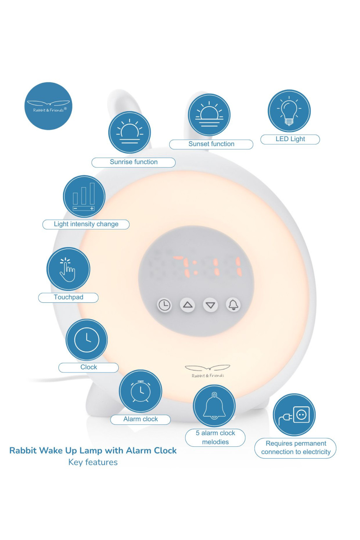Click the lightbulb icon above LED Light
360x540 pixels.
(289, 111)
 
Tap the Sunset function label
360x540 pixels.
(211, 144)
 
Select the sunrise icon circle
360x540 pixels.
(130, 132)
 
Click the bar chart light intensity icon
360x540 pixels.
(84, 197)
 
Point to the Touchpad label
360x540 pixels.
(68, 297)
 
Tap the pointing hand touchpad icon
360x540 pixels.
(68, 269)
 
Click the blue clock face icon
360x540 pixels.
(86, 340)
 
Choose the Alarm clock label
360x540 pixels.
(140, 419)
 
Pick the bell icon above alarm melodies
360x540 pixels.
(214, 406)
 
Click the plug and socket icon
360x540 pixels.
(294, 415)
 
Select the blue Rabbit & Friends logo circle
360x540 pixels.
(49, 106)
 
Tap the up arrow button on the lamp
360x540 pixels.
(188, 305)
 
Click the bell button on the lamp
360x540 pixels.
(233, 305)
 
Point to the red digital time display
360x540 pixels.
(207, 266)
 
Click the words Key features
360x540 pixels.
(93, 462)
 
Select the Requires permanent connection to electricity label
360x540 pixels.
(295, 448)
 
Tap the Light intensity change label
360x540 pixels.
(86, 224)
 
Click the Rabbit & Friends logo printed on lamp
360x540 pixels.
(208, 371)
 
